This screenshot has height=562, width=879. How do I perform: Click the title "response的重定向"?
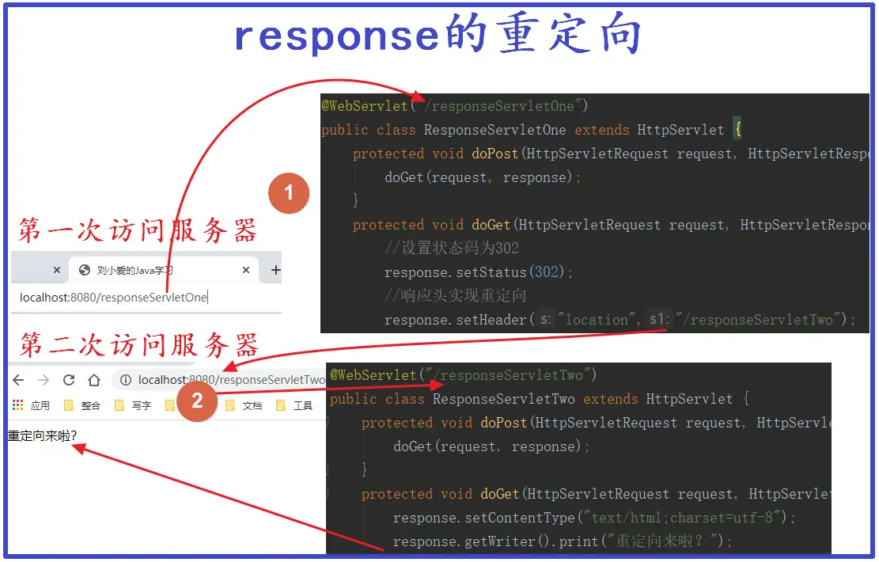click(438, 36)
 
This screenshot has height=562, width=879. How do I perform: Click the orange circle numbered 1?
click(289, 193)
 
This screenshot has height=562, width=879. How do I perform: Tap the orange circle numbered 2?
click(197, 401)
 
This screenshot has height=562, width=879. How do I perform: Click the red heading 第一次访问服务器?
click(138, 230)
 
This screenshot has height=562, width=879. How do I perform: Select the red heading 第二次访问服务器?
click(139, 345)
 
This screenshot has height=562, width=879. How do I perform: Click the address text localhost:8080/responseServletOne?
click(113, 298)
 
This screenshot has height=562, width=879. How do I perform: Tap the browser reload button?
click(69, 380)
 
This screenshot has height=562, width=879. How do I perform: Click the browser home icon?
click(93, 380)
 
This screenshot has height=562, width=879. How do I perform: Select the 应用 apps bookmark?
click(32, 406)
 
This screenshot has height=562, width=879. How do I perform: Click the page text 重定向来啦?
click(43, 435)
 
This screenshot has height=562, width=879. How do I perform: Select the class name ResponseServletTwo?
click(503, 399)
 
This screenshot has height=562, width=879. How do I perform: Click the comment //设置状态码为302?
click(451, 249)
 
